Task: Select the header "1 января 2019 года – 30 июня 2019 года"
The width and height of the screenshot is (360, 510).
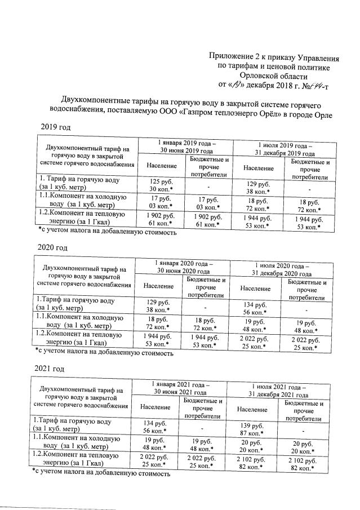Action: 185,147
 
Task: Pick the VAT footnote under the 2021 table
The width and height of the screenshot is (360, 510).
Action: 101,474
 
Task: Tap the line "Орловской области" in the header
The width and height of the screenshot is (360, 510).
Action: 273,76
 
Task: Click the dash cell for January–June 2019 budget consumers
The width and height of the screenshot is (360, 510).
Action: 208,185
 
